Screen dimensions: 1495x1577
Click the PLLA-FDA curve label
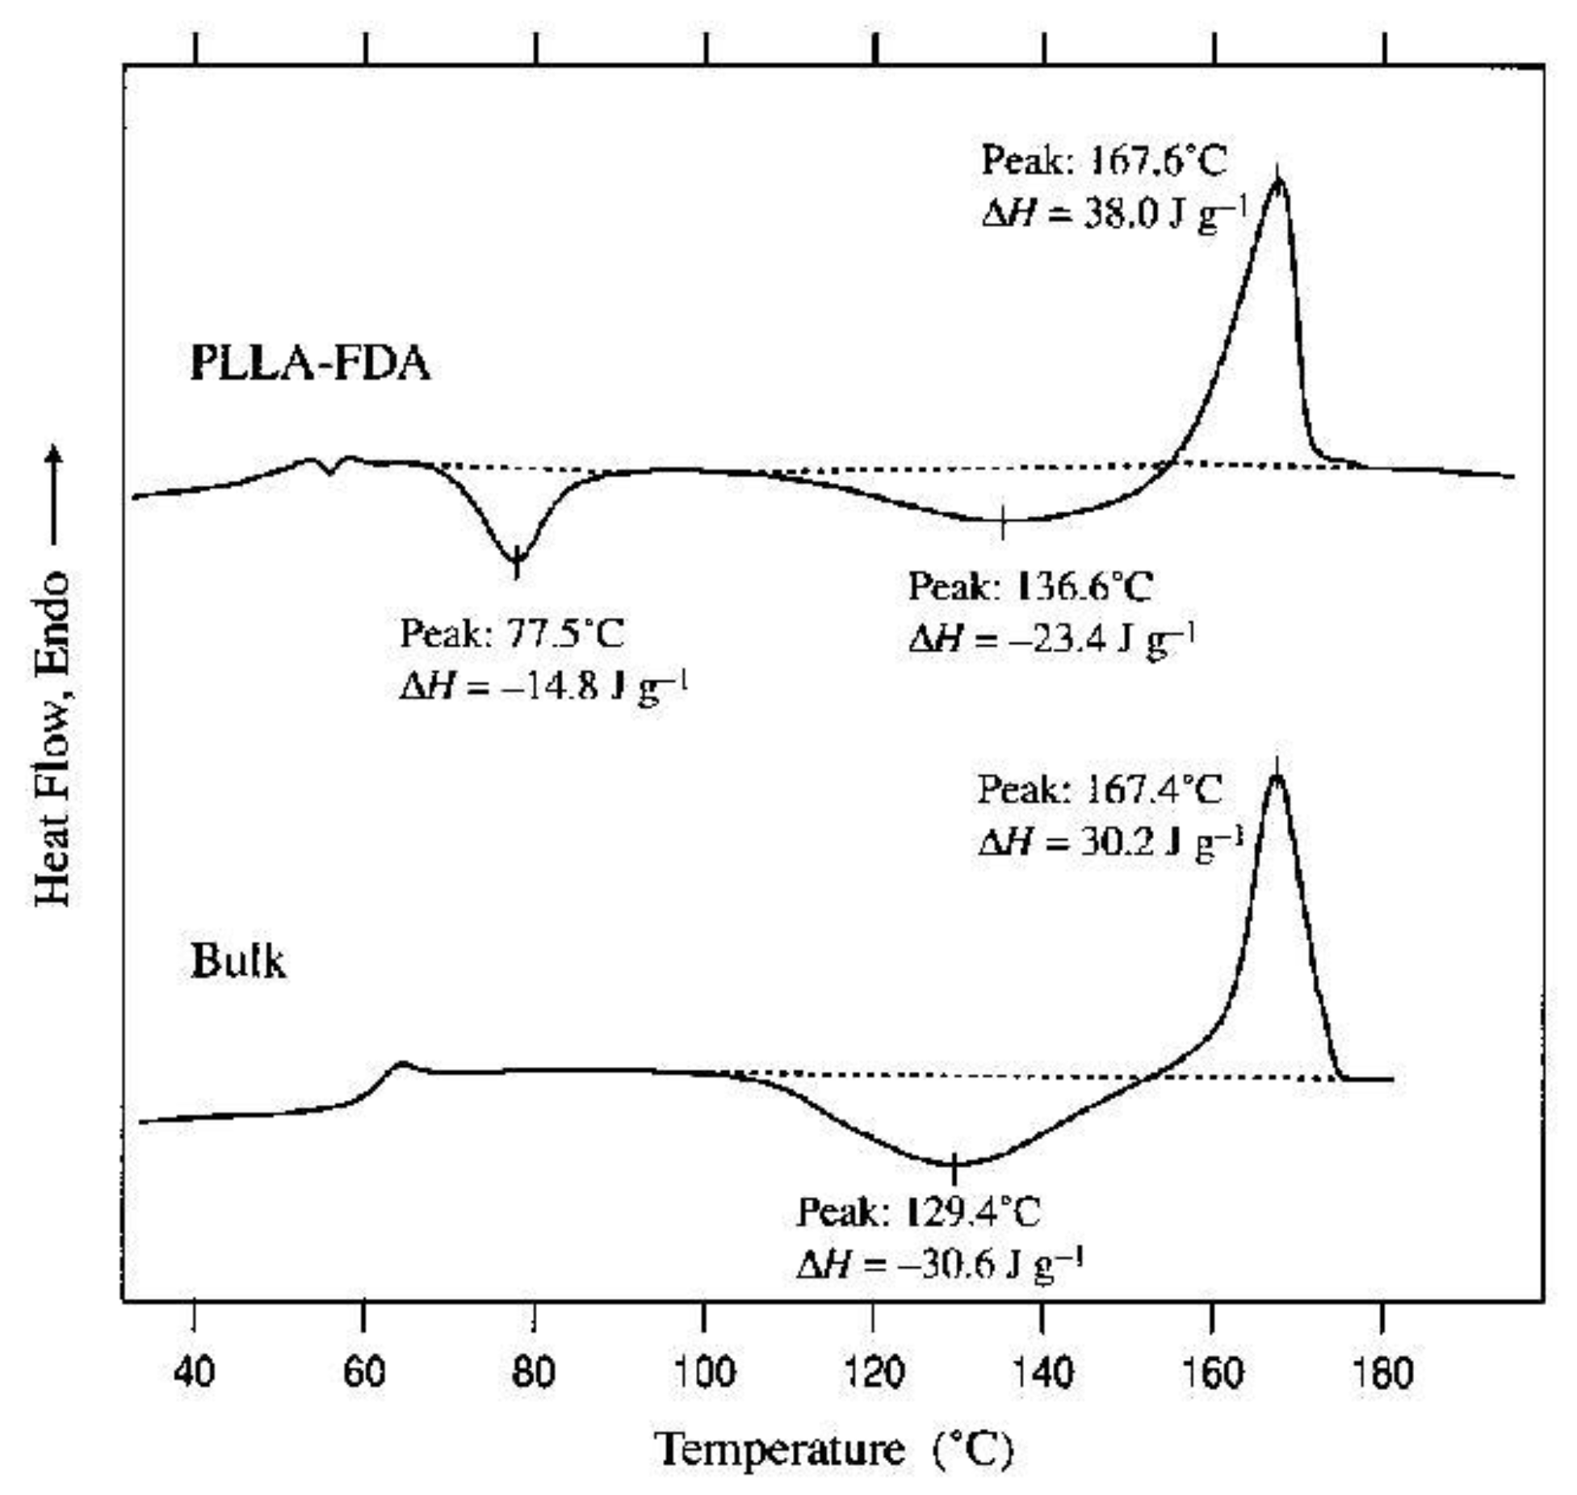click(309, 364)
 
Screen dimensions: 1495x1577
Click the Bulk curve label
click(238, 962)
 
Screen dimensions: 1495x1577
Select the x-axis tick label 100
click(704, 1372)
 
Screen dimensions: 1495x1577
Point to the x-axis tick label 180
click(1385, 1372)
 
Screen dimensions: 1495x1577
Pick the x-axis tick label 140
click(1044, 1372)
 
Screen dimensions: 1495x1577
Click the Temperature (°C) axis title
click(832, 1451)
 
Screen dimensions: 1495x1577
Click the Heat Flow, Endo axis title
click(53, 739)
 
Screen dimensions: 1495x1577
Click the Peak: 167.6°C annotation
click(1103, 161)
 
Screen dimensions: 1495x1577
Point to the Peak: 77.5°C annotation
click(512, 634)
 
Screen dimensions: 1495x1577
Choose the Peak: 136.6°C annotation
click(1030, 587)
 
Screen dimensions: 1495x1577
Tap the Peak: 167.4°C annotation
click(1100, 790)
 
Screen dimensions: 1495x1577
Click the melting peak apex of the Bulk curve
click(1276, 777)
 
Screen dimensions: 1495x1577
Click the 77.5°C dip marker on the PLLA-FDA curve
click(516, 560)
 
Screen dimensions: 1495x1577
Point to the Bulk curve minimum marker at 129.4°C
click(954, 1164)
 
